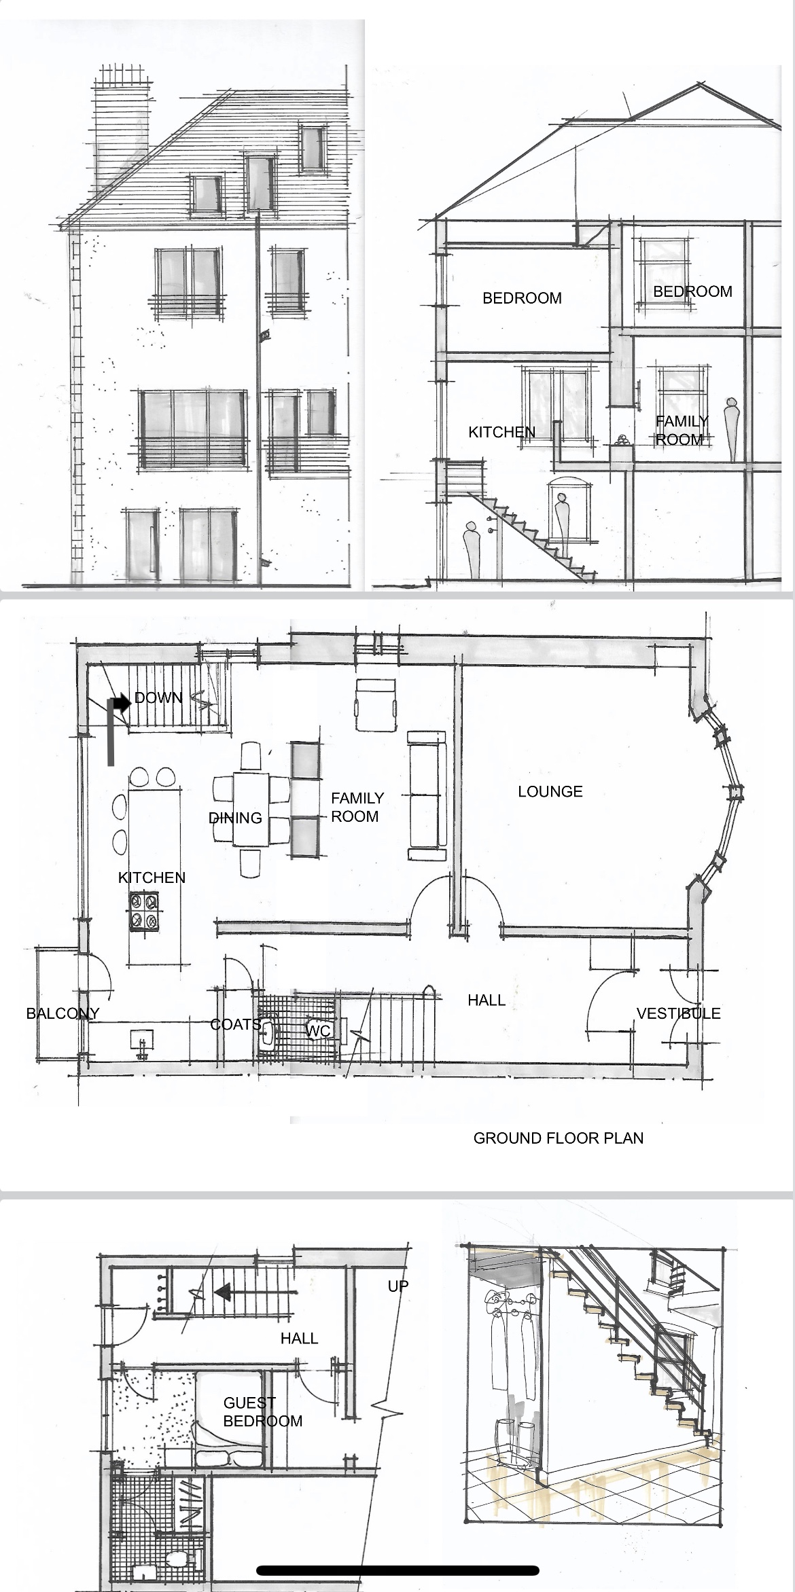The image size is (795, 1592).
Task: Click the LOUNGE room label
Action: [x=550, y=791]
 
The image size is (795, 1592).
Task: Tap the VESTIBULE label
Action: [x=678, y=1013]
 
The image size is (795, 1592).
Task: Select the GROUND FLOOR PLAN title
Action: [x=558, y=1138]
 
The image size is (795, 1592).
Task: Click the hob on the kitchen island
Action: [x=145, y=911]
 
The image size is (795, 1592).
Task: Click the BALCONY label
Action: [x=63, y=1013]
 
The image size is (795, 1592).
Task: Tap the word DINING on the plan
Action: [x=236, y=818]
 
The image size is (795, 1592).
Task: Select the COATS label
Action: [x=236, y=1024]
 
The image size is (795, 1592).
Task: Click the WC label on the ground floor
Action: [x=318, y=1031]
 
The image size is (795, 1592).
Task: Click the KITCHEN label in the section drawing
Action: [x=502, y=432]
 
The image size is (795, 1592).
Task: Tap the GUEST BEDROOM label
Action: [x=262, y=1412]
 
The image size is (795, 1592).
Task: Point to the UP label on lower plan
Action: [x=398, y=1286]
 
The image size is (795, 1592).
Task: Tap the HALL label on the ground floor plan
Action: [x=487, y=1000]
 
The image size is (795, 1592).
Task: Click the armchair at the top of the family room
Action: [x=376, y=705]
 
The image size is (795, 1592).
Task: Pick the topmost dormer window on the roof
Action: [x=312, y=148]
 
